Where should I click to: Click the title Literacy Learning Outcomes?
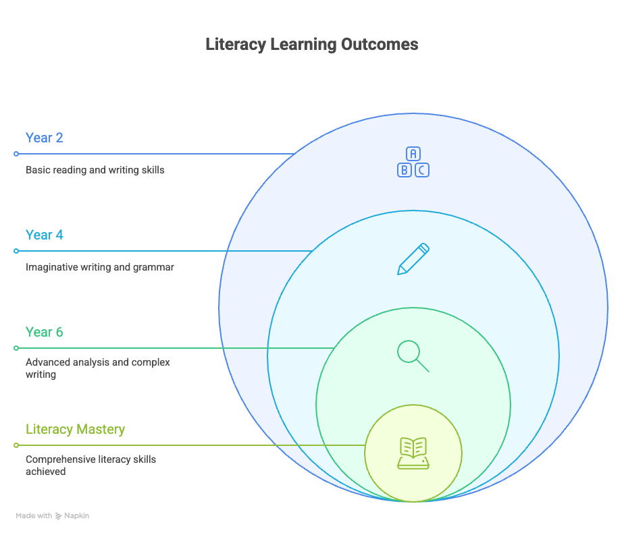(312, 45)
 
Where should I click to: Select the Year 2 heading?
(45, 138)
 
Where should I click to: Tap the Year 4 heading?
(45, 235)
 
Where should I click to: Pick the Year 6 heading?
(45, 332)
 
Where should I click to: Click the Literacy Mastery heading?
(76, 429)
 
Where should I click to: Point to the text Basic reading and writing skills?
(95, 170)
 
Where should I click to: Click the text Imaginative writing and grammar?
(100, 267)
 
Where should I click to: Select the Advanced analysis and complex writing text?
(98, 368)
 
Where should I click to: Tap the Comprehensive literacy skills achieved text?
(91, 465)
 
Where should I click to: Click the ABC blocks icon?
(413, 162)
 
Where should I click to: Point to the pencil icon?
(413, 259)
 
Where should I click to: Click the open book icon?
(413, 453)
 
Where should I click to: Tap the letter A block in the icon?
(413, 154)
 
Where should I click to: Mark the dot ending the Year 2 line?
(16, 154)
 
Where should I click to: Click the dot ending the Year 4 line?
(16, 251)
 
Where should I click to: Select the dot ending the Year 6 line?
(16, 348)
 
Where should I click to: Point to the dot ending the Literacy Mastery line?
(16, 445)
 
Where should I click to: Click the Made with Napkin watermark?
(53, 515)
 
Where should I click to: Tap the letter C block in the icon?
(421, 170)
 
